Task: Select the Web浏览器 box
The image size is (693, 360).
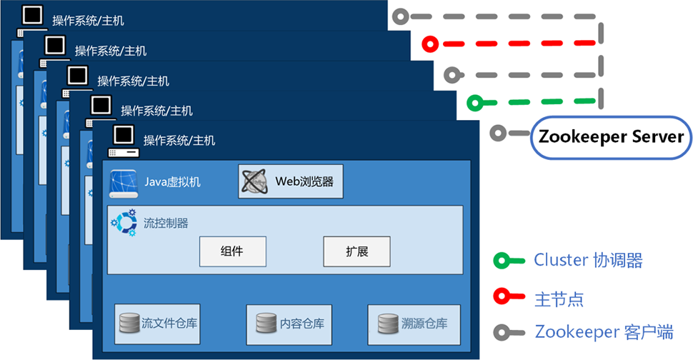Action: [290, 181]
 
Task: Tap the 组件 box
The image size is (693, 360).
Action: [232, 251]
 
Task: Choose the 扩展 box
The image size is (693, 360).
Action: [357, 251]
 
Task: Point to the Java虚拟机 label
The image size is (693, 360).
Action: [172, 181]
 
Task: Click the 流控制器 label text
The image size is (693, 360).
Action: [166, 223]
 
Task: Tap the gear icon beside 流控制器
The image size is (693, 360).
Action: [124, 221]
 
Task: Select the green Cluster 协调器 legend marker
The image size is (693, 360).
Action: [502, 261]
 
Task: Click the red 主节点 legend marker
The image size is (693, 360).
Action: [502, 297]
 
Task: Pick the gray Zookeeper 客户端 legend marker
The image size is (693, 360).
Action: [502, 332]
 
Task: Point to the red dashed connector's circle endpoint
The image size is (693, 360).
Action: [428, 44]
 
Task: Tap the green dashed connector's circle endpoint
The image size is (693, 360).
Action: [473, 104]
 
